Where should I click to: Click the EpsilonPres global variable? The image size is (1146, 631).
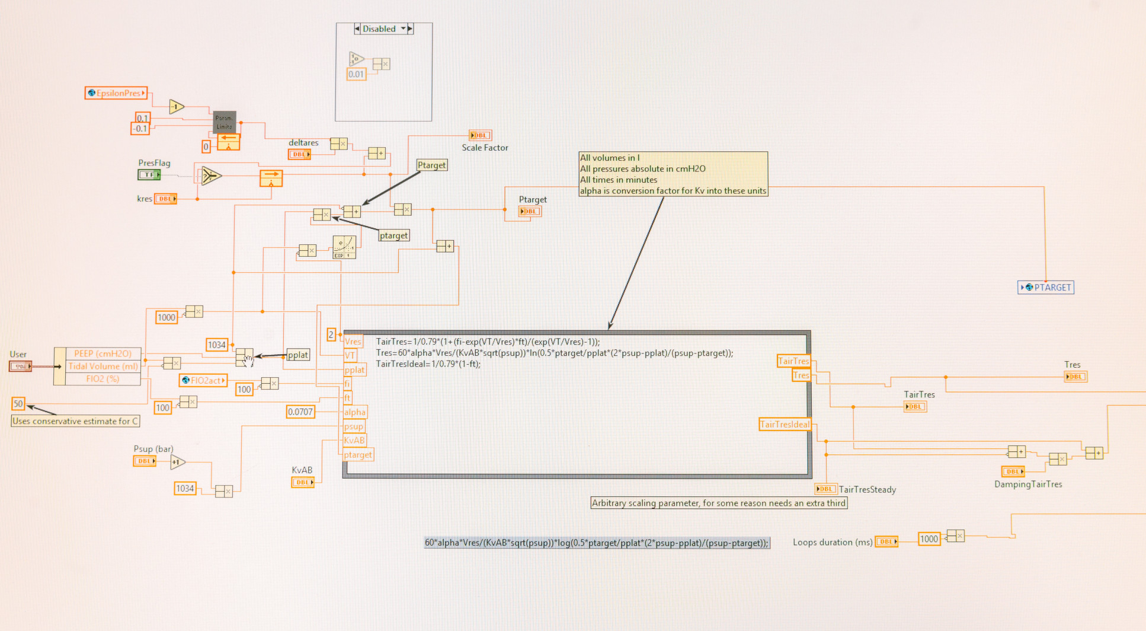pyautogui.click(x=116, y=93)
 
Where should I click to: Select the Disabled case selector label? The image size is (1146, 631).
pyautogui.click(x=379, y=28)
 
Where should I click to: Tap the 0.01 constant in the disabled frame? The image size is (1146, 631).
pyautogui.click(x=356, y=74)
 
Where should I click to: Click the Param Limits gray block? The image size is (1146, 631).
pyautogui.click(x=225, y=122)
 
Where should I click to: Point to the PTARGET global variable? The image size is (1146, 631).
pyautogui.click(x=1046, y=288)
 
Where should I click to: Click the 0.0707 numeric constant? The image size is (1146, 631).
pyautogui.click(x=300, y=412)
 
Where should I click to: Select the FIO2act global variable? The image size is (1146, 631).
pyautogui.click(x=203, y=381)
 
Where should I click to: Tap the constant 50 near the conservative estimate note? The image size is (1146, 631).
pyautogui.click(x=18, y=404)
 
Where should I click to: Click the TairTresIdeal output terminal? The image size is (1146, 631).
pyautogui.click(x=785, y=425)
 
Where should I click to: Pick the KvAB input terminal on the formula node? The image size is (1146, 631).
pyautogui.click(x=354, y=441)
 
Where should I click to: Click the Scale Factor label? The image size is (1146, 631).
pyautogui.click(x=485, y=148)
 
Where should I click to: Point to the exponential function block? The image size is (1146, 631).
pyautogui.click(x=344, y=247)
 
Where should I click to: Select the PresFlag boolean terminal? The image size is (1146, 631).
pyautogui.click(x=149, y=174)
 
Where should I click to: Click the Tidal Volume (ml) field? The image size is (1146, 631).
pyautogui.click(x=103, y=367)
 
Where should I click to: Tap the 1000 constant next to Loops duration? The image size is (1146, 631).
pyautogui.click(x=929, y=539)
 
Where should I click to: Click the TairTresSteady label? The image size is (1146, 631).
pyautogui.click(x=867, y=489)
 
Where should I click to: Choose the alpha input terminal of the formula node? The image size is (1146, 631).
pyautogui.click(x=355, y=412)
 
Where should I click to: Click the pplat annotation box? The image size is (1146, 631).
pyautogui.click(x=298, y=355)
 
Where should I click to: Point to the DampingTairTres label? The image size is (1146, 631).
pyautogui.click(x=1028, y=484)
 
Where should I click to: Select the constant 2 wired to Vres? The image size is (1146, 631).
pyautogui.click(x=331, y=334)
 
